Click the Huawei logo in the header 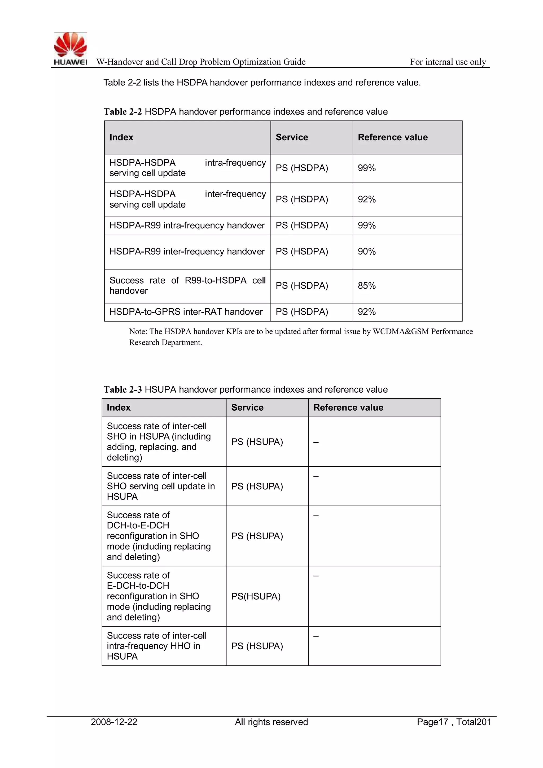pos(71,49)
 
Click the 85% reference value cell pos(367,286)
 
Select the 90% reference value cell pos(367,251)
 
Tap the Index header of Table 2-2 pos(121,137)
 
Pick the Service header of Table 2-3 pos(247,407)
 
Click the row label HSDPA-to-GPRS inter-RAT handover pos(186,312)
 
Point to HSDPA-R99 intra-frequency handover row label pos(187,225)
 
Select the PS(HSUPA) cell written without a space pos(256,596)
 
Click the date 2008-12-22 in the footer pos(114,722)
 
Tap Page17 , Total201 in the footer pos(454,722)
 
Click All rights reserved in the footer pos(271,722)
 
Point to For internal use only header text pos(448,62)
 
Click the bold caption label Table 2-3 pos(122,389)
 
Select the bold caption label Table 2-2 pos(122,112)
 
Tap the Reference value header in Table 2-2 pos(393,137)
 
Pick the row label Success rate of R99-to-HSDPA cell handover pos(187,285)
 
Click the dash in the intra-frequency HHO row pos(316,636)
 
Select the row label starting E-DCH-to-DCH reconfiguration pos(159,596)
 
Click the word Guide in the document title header pos(294,62)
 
